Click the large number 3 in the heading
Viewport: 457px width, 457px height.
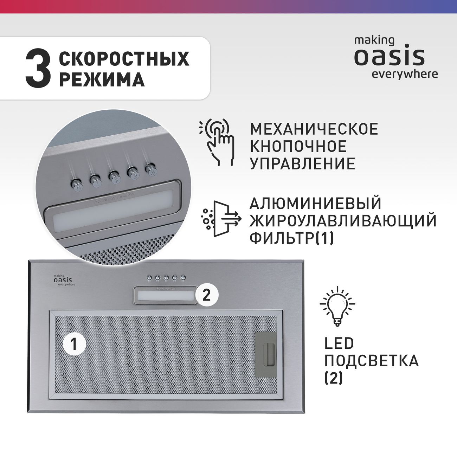click(x=38, y=69)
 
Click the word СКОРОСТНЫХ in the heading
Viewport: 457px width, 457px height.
click(x=124, y=59)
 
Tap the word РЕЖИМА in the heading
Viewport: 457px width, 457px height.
click(x=102, y=79)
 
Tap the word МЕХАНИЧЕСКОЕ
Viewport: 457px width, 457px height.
click(x=314, y=129)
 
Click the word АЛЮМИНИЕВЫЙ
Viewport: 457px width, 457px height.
click(x=315, y=203)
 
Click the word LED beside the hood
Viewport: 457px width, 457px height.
click(x=339, y=343)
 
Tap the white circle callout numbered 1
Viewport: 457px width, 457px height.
click(x=74, y=344)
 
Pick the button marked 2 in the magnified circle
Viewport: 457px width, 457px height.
click(x=115, y=177)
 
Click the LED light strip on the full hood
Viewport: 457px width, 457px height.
click(x=166, y=296)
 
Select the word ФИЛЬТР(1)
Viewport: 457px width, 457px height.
click(x=292, y=238)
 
